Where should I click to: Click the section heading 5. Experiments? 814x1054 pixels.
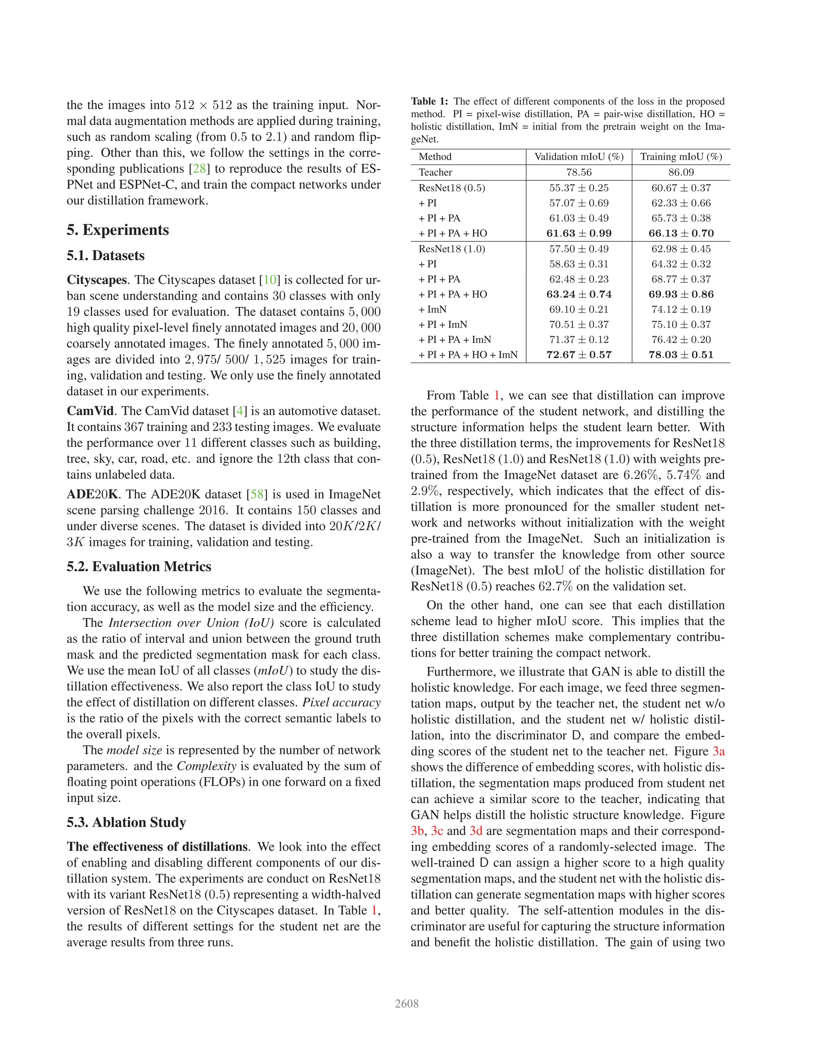coord(118,230)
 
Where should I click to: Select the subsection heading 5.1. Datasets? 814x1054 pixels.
coord(106,255)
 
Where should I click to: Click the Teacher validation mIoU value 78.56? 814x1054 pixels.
coord(579,172)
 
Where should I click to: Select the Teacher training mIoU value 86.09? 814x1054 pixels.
coord(681,172)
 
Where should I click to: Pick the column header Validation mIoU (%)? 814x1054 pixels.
coord(579,156)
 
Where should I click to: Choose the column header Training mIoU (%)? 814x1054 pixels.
coord(681,156)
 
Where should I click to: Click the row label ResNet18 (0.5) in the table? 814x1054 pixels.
coord(452,188)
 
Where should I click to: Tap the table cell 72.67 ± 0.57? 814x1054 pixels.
coord(579,355)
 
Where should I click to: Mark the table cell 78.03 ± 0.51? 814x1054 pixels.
coord(681,355)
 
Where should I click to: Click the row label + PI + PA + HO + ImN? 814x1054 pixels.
coord(468,355)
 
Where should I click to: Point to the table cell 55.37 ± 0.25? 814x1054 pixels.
coord(579,188)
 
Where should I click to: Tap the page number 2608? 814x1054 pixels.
coord(407,1004)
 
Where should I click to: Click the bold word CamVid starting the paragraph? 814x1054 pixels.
coord(90,411)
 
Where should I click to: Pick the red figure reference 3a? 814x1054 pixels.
coord(719,751)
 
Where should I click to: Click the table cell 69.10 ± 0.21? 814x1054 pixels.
coord(579,309)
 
